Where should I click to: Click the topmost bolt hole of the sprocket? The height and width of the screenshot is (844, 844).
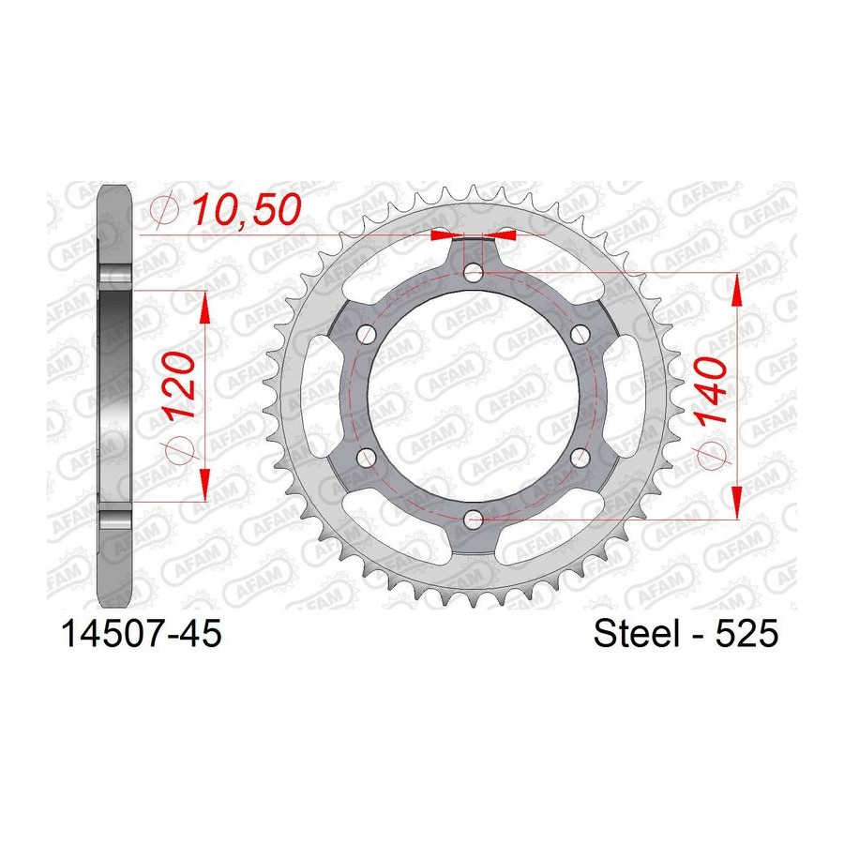tap(474, 273)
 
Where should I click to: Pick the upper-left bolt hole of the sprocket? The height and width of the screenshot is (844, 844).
tap(368, 334)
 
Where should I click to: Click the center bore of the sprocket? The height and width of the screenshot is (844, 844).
tap(474, 395)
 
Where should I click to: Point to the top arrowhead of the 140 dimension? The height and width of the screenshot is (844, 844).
tap(739, 291)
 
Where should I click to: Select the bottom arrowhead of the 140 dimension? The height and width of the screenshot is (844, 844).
tap(739, 499)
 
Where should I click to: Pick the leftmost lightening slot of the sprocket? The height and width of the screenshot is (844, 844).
tap(324, 395)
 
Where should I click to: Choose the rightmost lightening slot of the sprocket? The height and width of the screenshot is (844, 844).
tap(624, 395)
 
